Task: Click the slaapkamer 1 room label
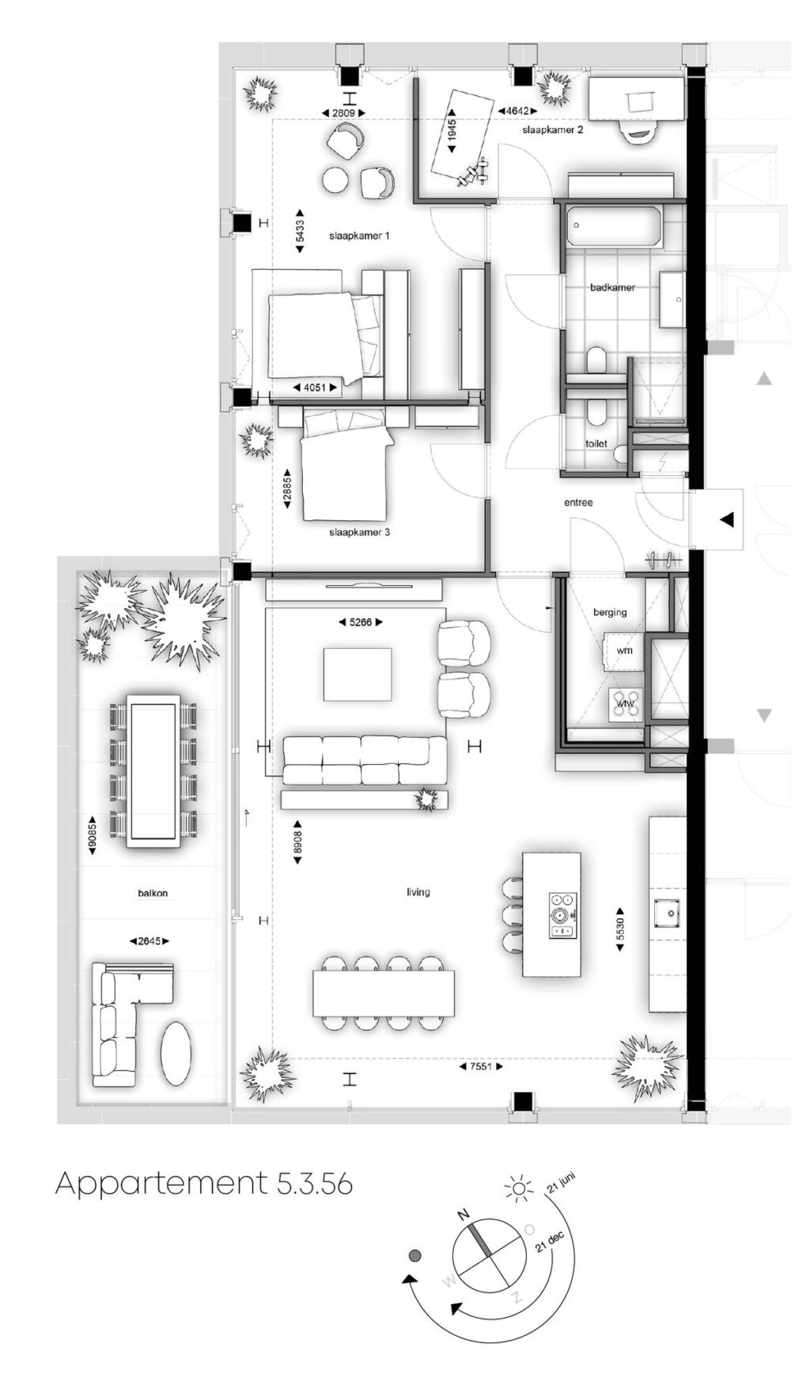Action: (x=359, y=236)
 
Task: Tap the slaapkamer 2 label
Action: (x=553, y=129)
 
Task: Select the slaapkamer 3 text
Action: (x=359, y=532)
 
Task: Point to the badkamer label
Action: (x=612, y=287)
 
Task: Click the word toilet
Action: (x=596, y=444)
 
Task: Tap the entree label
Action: (x=578, y=502)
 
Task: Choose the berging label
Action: (x=610, y=612)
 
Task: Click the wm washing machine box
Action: (x=625, y=650)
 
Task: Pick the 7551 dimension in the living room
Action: (x=481, y=1066)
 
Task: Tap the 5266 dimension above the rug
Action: (x=361, y=622)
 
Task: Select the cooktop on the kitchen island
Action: (x=563, y=916)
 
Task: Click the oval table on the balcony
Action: (x=176, y=1054)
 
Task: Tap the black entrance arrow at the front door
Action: (x=726, y=520)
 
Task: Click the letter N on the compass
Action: (x=464, y=1214)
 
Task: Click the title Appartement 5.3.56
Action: (x=204, y=1184)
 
